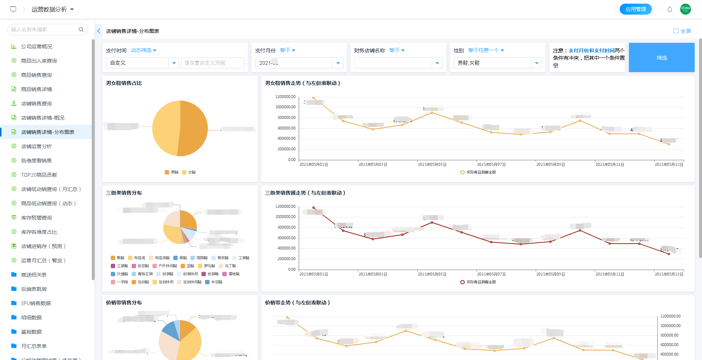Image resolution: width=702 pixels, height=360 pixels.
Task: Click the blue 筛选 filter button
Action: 661,57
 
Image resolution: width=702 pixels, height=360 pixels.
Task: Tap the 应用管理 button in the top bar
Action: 635,9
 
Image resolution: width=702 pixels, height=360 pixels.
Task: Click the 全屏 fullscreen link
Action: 682,31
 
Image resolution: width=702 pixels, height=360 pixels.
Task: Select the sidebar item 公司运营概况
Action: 37,46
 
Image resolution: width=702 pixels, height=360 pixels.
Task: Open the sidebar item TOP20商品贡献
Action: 39,175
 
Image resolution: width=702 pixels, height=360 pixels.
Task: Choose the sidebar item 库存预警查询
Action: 37,218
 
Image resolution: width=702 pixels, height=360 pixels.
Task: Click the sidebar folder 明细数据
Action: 31,318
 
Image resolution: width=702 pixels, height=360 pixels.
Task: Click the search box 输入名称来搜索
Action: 44,30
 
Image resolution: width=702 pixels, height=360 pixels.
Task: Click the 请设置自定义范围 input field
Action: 212,63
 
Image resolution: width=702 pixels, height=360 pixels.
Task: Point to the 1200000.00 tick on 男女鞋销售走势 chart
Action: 285,97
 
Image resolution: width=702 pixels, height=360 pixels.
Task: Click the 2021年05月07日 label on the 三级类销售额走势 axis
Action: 491,274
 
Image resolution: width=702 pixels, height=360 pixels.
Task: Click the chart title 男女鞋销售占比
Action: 124,83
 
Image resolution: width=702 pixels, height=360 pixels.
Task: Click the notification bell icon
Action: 670,9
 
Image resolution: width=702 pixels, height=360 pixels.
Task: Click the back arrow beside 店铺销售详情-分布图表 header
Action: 99,31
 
